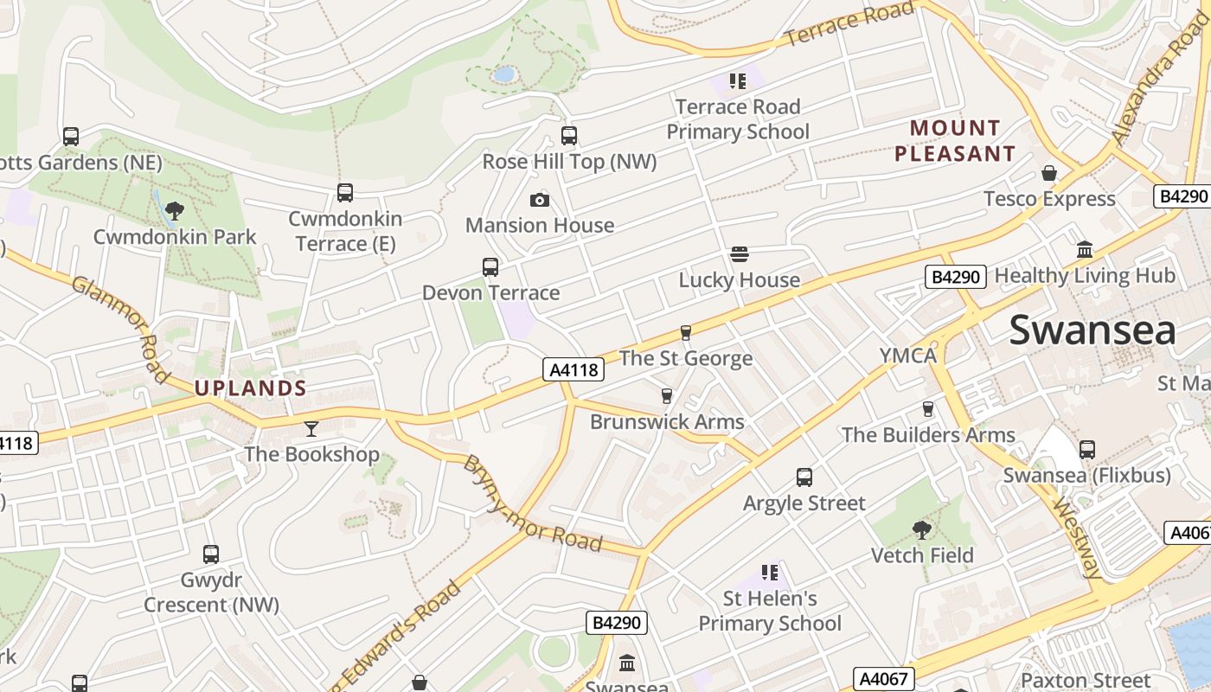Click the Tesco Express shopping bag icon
click(1049, 173)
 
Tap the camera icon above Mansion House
click(540, 201)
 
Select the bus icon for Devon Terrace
click(490, 267)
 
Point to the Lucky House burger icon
click(739, 254)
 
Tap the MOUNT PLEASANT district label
click(955, 141)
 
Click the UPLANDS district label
click(251, 388)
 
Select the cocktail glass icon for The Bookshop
click(311, 428)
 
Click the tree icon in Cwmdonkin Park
click(175, 210)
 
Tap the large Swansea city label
click(1092, 330)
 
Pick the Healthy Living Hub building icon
click(1085, 250)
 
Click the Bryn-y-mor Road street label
click(533, 504)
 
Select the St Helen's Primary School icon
click(769, 573)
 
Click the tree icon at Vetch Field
click(922, 529)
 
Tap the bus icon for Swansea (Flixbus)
click(1087, 450)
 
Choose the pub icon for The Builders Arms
click(928, 408)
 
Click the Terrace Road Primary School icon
click(737, 81)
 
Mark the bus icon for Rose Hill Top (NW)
click(569, 136)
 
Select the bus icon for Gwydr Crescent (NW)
click(211, 554)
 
